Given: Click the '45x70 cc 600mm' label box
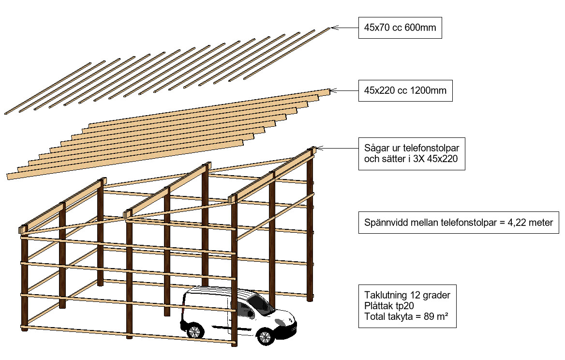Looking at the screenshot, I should click(x=400, y=28).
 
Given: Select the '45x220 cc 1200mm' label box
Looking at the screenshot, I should click(x=405, y=90).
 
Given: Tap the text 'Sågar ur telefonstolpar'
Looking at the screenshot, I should click(x=411, y=148).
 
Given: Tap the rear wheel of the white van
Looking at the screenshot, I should click(x=194, y=331).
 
